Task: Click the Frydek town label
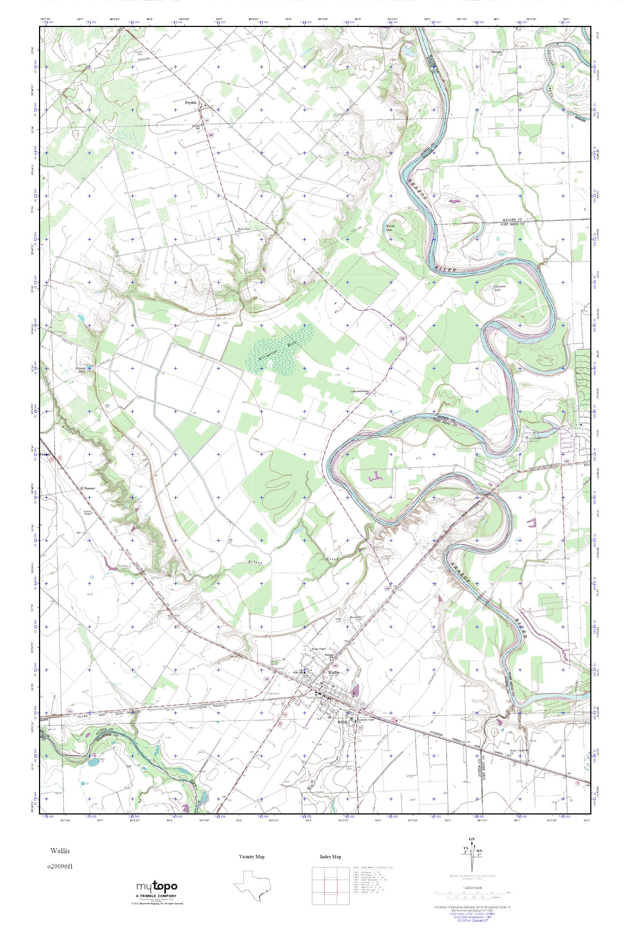tap(191, 103)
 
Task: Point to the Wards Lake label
tap(390, 228)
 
